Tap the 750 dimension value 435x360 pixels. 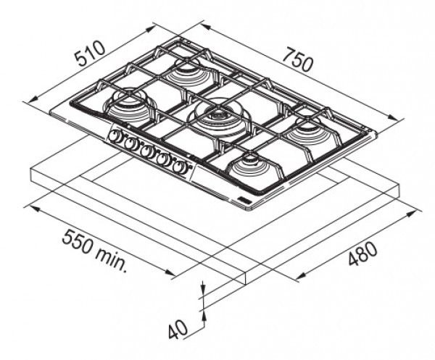click(298, 59)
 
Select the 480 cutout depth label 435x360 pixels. click(362, 254)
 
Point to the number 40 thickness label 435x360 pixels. click(178, 329)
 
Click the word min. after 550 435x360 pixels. click(111, 259)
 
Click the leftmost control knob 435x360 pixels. click(113, 136)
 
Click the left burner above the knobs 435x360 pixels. click(126, 93)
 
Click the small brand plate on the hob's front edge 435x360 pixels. click(244, 200)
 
